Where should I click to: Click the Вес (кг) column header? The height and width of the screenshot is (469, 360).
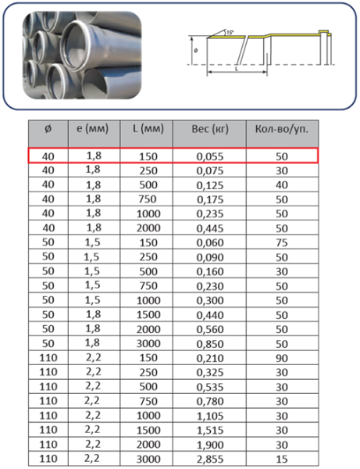pos(210,129)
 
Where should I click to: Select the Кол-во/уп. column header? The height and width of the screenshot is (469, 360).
pos(282,129)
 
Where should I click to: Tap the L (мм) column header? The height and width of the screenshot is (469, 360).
pos(148,129)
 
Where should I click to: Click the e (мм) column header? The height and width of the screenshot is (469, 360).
pos(93,129)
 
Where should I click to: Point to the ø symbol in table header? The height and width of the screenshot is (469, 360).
pos(48,129)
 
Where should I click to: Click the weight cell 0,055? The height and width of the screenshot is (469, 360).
pos(210,156)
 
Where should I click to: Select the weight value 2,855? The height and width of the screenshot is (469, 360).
pos(210,459)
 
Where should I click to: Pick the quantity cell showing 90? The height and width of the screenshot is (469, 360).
pos(282,358)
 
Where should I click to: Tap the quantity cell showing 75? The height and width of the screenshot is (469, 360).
pos(282,242)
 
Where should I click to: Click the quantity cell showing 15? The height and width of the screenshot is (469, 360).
pos(282,459)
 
